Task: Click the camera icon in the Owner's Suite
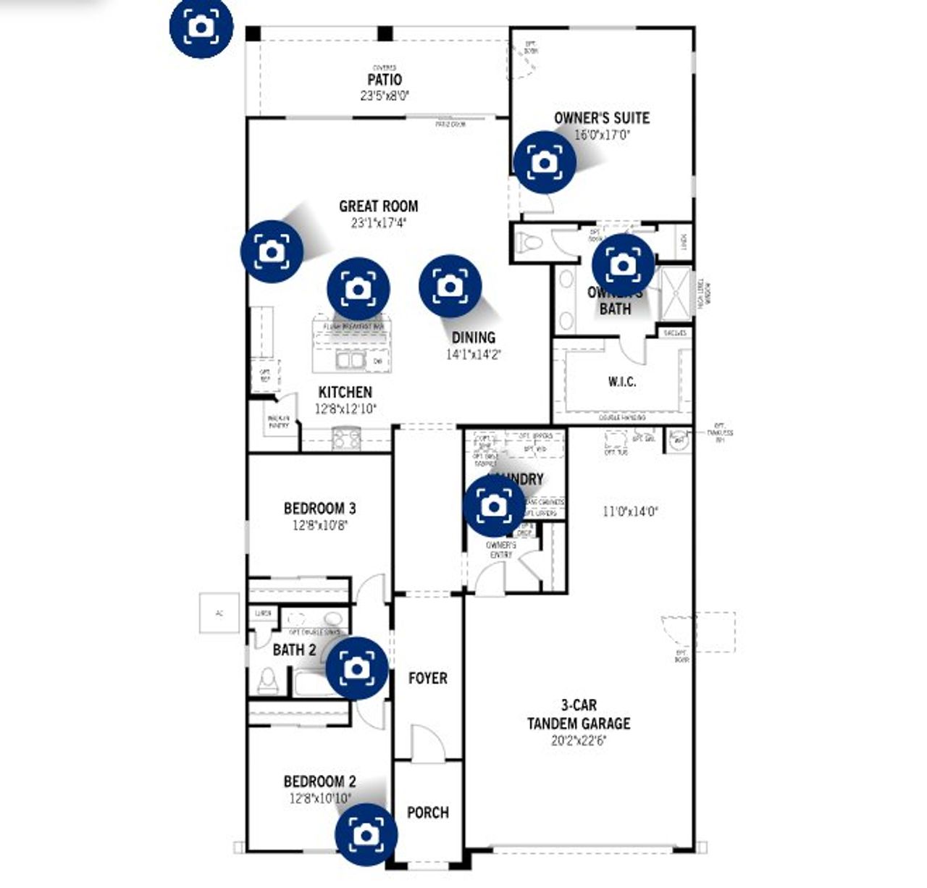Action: tap(545, 162)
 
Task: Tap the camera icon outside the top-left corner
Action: tap(201, 27)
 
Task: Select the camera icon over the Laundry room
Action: tap(494, 506)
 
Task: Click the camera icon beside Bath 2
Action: tap(357, 668)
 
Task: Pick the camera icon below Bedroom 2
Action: tap(366, 834)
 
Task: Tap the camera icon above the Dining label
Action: tap(450, 286)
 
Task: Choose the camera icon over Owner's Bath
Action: tap(623, 265)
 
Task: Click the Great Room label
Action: tap(378, 206)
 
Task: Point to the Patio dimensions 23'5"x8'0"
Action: tap(385, 96)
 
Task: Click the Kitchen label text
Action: tap(345, 393)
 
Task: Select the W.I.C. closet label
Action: tap(622, 382)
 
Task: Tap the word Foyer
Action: tap(427, 679)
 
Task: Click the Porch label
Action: tap(427, 813)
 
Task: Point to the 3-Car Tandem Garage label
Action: tap(578, 714)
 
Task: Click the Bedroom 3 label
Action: tap(319, 508)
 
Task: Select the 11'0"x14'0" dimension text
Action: tap(630, 511)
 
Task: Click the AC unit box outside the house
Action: tap(219, 613)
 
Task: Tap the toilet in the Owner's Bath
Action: tap(529, 241)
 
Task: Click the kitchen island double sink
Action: tap(350, 360)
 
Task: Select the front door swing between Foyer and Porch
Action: tap(427, 742)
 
